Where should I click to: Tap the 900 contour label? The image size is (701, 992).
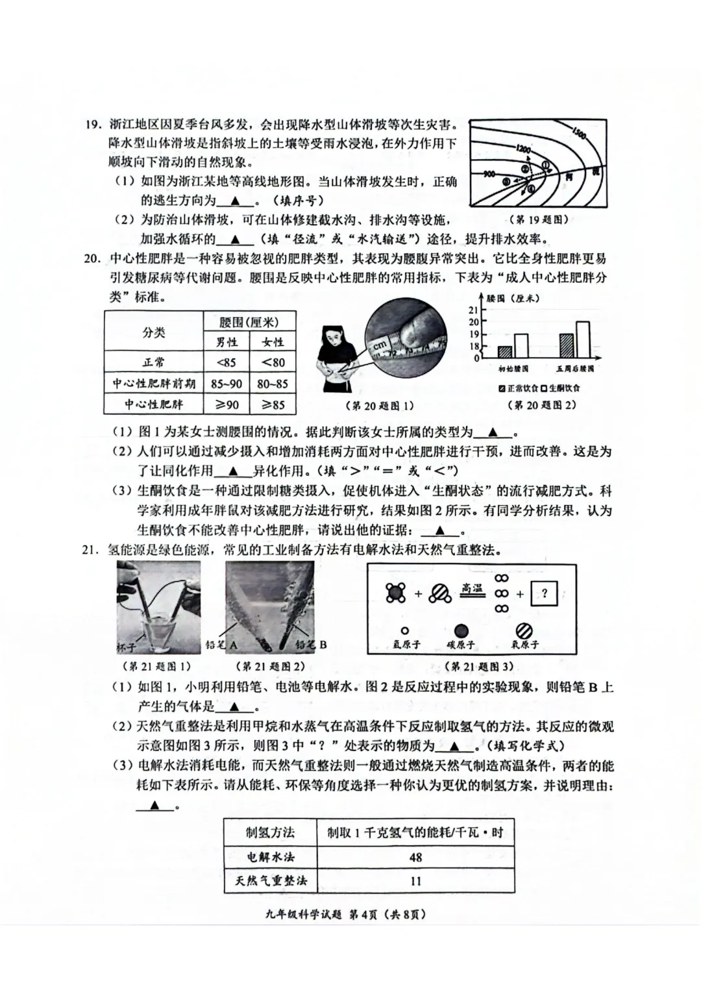click(489, 173)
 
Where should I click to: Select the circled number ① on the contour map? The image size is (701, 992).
click(546, 165)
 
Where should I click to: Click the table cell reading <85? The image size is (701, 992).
click(227, 362)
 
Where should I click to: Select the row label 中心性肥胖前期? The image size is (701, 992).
click(154, 384)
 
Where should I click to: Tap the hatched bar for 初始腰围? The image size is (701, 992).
click(505, 351)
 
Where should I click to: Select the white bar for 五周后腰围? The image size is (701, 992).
click(582, 340)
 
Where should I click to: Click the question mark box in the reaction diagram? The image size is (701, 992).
click(544, 593)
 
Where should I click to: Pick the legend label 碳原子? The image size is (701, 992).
click(461, 645)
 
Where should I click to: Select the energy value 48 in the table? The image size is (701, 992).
click(415, 857)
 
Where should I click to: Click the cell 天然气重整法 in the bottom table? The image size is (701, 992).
click(271, 881)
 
